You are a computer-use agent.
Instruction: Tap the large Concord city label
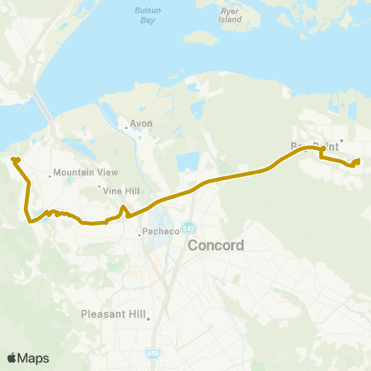(x=217, y=246)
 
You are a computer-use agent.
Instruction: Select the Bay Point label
(x=315, y=145)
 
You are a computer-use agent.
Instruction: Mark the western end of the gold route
(x=14, y=159)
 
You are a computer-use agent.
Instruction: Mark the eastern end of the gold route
(x=359, y=161)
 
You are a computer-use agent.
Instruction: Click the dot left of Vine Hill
(x=99, y=186)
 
